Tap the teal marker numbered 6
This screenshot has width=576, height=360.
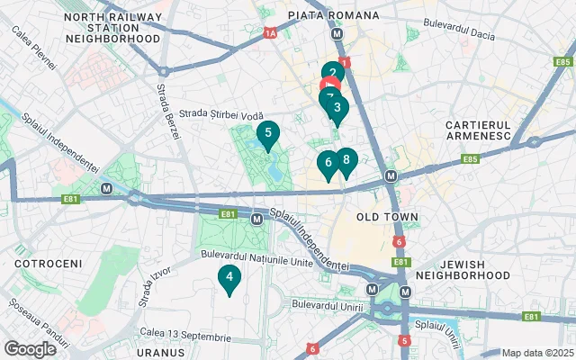point(328,163)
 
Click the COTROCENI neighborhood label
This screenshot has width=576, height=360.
point(48,264)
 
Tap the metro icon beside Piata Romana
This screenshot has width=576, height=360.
point(337,33)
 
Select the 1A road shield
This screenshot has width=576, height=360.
point(269,33)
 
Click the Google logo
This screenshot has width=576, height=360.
point(30,348)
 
